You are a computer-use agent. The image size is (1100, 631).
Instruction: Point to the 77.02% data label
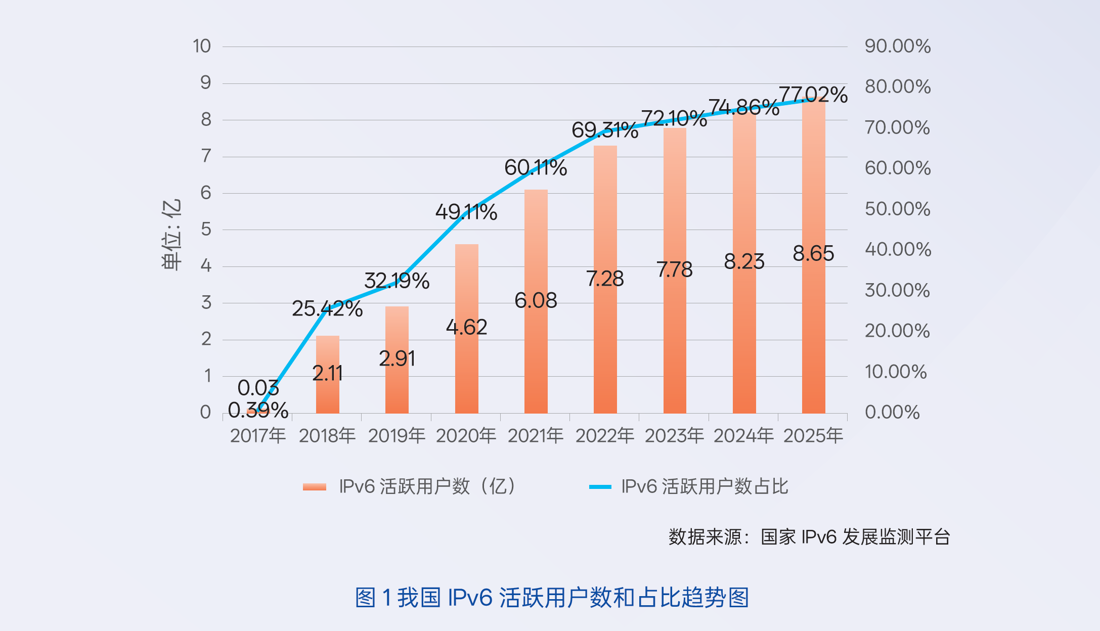[813, 95]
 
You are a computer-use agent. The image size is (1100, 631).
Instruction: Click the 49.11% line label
[466, 212]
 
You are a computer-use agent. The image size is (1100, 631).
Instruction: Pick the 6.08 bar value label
[536, 300]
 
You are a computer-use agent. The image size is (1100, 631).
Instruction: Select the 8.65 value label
[813, 253]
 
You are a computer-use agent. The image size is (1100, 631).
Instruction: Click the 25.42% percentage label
[327, 308]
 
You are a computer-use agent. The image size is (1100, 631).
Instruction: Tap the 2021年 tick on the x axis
[536, 435]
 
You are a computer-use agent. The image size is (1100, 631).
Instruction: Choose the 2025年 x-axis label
[813, 435]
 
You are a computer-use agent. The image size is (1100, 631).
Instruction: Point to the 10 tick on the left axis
[201, 47]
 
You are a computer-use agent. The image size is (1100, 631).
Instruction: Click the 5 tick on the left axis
[206, 230]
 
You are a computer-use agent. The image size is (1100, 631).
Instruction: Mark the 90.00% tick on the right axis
[898, 47]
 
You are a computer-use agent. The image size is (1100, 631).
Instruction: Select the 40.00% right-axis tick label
[898, 249]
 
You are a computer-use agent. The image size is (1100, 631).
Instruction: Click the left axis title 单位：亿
[171, 235]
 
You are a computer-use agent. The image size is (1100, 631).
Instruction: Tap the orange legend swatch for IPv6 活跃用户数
[314, 487]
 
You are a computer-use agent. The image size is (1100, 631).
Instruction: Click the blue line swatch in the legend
[600, 487]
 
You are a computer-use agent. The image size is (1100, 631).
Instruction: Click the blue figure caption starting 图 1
[552, 598]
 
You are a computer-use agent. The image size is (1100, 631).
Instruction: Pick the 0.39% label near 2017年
[258, 411]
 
